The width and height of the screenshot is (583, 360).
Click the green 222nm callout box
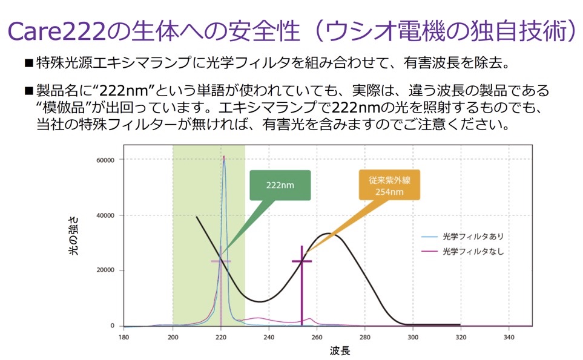pyautogui.click(x=280, y=185)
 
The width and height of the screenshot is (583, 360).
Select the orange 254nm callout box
pyautogui.click(x=389, y=186)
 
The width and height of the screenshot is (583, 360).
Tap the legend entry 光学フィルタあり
pyautogui.click(x=472, y=236)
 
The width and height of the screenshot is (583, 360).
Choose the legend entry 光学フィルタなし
pyautogui.click(x=472, y=250)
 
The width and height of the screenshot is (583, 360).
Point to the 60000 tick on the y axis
pyautogui.click(x=105, y=160)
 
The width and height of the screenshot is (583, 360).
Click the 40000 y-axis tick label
pyautogui.click(x=105, y=215)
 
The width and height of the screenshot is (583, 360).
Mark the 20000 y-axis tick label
pyautogui.click(x=105, y=270)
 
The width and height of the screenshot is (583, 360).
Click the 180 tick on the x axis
pyautogui.click(x=124, y=337)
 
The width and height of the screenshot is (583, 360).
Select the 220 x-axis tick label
pyautogui.click(x=221, y=337)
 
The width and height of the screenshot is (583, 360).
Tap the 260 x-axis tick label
pyautogui.click(x=317, y=337)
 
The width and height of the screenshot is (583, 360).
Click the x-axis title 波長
pyautogui.click(x=340, y=350)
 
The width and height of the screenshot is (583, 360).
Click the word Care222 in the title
pyautogui.click(x=54, y=30)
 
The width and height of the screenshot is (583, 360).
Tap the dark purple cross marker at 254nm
pyautogui.click(x=301, y=261)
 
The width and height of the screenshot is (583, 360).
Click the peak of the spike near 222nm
pyautogui.click(x=224, y=157)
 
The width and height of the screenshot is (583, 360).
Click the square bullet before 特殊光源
pyautogui.click(x=28, y=63)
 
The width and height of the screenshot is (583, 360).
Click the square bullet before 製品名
pyautogui.click(x=28, y=91)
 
